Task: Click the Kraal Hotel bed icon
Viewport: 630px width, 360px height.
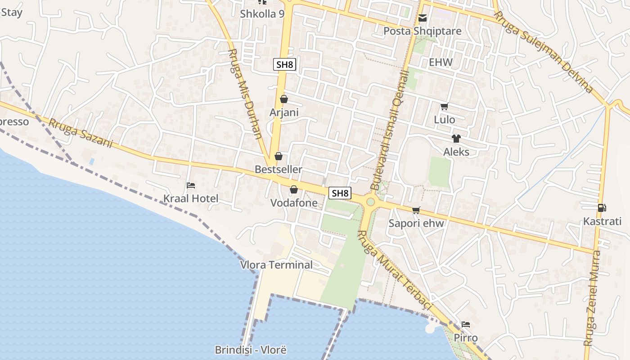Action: (191, 185)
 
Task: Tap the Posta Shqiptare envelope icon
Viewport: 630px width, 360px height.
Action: (423, 18)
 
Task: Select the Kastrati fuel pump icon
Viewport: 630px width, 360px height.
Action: (602, 207)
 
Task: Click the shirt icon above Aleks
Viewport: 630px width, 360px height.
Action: (456, 138)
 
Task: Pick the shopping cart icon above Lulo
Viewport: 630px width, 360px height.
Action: (445, 107)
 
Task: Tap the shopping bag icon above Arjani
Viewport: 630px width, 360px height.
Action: (284, 99)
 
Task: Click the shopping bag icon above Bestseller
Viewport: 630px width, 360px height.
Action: (279, 156)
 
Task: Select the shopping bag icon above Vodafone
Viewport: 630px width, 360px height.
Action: (294, 189)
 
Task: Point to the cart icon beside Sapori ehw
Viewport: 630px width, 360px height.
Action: (416, 210)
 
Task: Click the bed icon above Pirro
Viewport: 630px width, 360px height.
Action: (466, 324)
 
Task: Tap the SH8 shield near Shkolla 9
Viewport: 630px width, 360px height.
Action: (284, 64)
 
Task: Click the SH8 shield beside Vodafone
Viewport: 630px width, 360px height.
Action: (340, 193)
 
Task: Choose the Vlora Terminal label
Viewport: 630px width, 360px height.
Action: (276, 265)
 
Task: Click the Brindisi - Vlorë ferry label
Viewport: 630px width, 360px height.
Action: (251, 350)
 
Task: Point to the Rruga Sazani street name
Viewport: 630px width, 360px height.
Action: (81, 133)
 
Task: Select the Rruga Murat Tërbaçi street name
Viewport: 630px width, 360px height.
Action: (394, 270)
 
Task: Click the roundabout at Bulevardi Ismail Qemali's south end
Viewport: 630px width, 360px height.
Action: (370, 202)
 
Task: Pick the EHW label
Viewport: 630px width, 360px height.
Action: (441, 62)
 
